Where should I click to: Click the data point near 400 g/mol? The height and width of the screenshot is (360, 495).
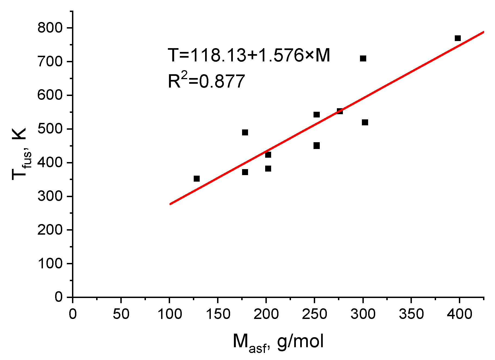tap(458, 38)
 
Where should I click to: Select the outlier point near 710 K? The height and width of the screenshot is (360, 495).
tap(363, 58)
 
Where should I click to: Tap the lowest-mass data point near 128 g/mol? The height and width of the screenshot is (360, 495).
tap(197, 179)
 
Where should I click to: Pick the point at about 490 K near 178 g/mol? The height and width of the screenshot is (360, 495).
tap(245, 132)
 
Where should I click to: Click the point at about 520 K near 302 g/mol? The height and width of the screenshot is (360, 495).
tap(365, 122)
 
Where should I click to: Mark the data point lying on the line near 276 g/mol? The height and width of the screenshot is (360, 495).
tap(340, 111)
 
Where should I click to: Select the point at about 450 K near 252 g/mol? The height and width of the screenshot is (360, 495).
tap(317, 146)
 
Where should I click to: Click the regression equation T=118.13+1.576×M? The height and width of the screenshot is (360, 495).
tap(249, 55)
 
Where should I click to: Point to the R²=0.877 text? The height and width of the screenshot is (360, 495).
tap(206, 81)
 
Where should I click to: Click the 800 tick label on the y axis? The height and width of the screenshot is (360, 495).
tap(50, 28)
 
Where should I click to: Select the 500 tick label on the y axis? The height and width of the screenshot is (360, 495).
tap(50, 129)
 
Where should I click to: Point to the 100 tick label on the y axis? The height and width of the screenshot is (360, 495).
tap(50, 263)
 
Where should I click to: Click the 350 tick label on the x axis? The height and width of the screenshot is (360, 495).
tap(411, 314)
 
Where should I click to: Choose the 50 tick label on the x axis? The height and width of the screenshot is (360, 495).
tap(121, 314)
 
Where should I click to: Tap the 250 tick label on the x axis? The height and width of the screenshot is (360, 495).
tap(314, 314)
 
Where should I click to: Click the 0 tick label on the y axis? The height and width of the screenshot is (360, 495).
tap(59, 297)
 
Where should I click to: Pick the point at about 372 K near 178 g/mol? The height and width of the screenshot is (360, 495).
tap(245, 172)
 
